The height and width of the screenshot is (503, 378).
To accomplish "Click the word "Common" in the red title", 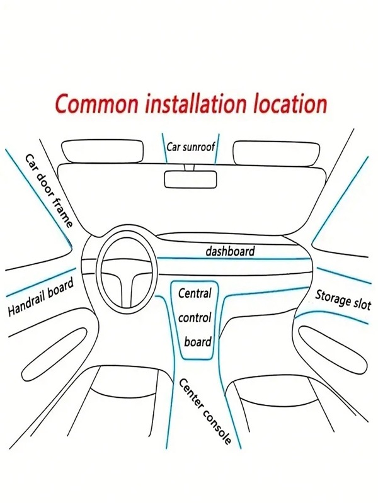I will (91, 103).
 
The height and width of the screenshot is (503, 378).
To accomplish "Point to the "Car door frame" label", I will (49, 189).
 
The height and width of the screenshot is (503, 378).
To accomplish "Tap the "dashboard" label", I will (230, 251).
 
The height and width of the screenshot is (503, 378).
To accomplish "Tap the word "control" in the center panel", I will (195, 318).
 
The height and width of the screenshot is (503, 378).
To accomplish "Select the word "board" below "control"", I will (197, 342).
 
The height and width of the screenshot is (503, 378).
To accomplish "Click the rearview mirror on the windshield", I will (189, 179).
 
